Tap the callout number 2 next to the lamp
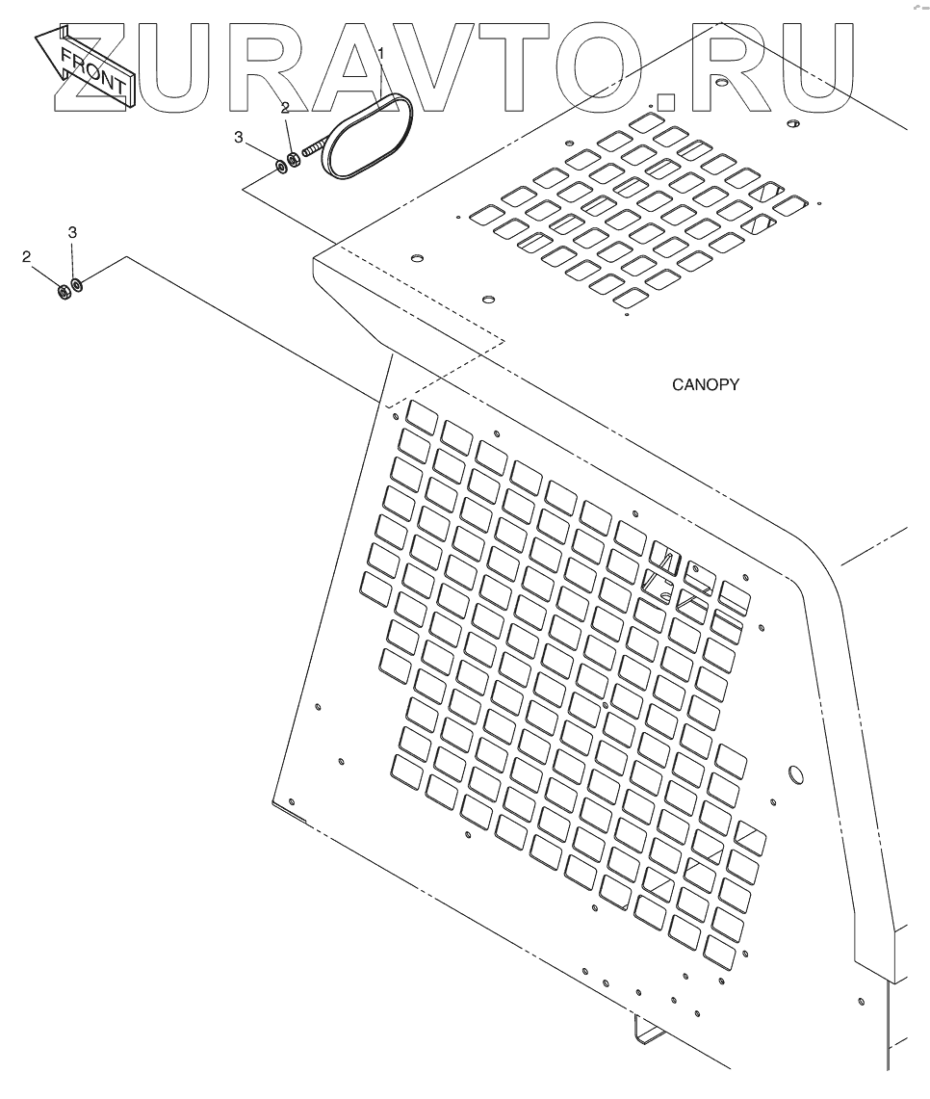tap(285, 109)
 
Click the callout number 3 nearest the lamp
tap(239, 138)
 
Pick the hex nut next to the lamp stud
tap(294, 157)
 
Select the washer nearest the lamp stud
tap(280, 167)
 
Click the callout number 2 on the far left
tap(27, 256)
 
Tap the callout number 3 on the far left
tap(71, 233)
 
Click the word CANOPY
tap(705, 385)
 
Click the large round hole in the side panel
tap(796, 773)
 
